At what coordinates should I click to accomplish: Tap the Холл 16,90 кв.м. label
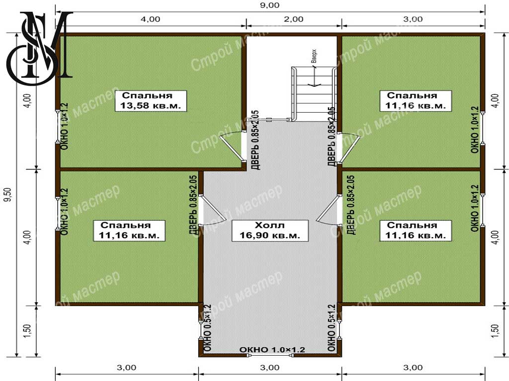click(x=270, y=231)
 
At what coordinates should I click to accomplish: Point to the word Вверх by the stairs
click(x=314, y=56)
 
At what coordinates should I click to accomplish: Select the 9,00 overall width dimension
click(x=270, y=5)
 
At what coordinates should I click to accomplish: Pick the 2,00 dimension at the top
click(x=294, y=19)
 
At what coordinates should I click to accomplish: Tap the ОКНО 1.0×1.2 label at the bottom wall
click(x=272, y=350)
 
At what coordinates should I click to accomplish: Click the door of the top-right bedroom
click(x=349, y=148)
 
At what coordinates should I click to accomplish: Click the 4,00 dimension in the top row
click(x=150, y=19)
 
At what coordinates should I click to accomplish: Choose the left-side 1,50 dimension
click(x=27, y=331)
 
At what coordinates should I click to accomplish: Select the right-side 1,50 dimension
click(x=496, y=331)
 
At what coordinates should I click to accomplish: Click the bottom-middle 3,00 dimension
click(x=270, y=368)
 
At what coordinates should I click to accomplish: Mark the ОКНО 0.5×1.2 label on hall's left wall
click(x=208, y=328)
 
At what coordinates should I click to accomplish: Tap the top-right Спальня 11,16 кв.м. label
click(x=416, y=101)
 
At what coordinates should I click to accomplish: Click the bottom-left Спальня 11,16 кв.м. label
click(x=129, y=231)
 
